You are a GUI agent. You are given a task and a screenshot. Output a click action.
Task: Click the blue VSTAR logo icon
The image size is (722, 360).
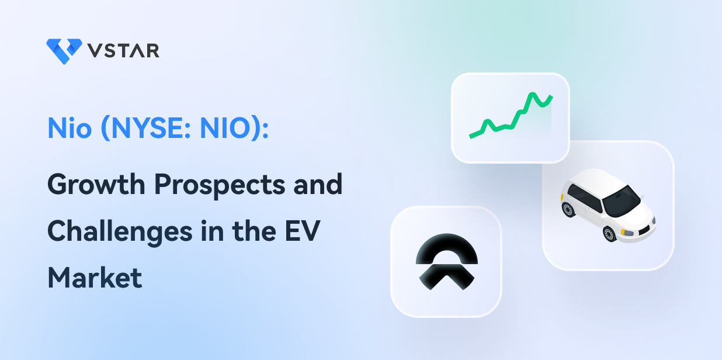pyautogui.click(x=64, y=51)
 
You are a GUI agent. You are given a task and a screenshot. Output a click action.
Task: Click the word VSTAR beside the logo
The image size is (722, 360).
pyautogui.click(x=124, y=51)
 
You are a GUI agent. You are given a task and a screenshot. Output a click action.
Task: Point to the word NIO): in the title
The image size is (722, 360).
pyautogui.click(x=234, y=129)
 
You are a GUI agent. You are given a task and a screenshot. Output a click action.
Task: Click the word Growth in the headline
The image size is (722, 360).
pyautogui.click(x=96, y=184)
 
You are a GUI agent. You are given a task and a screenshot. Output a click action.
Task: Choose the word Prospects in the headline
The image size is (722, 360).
pyautogui.click(x=220, y=185)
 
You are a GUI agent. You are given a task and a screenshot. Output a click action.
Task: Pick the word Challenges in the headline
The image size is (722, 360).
pyautogui.click(x=120, y=232)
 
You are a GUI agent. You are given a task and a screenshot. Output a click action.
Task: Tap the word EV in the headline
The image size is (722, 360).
pyautogui.click(x=303, y=231)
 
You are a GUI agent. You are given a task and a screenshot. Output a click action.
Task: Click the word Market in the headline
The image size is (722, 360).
pyautogui.click(x=95, y=278)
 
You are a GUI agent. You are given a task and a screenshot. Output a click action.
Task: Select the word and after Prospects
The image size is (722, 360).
pyautogui.click(x=318, y=184)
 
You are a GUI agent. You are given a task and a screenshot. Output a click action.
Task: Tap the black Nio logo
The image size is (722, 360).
pyautogui.click(x=447, y=262)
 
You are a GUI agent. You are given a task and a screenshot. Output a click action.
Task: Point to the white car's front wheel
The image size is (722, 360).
pyautogui.click(x=609, y=234)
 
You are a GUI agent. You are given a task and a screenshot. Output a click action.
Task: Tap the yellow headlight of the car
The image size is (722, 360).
pyautogui.click(x=627, y=232)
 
